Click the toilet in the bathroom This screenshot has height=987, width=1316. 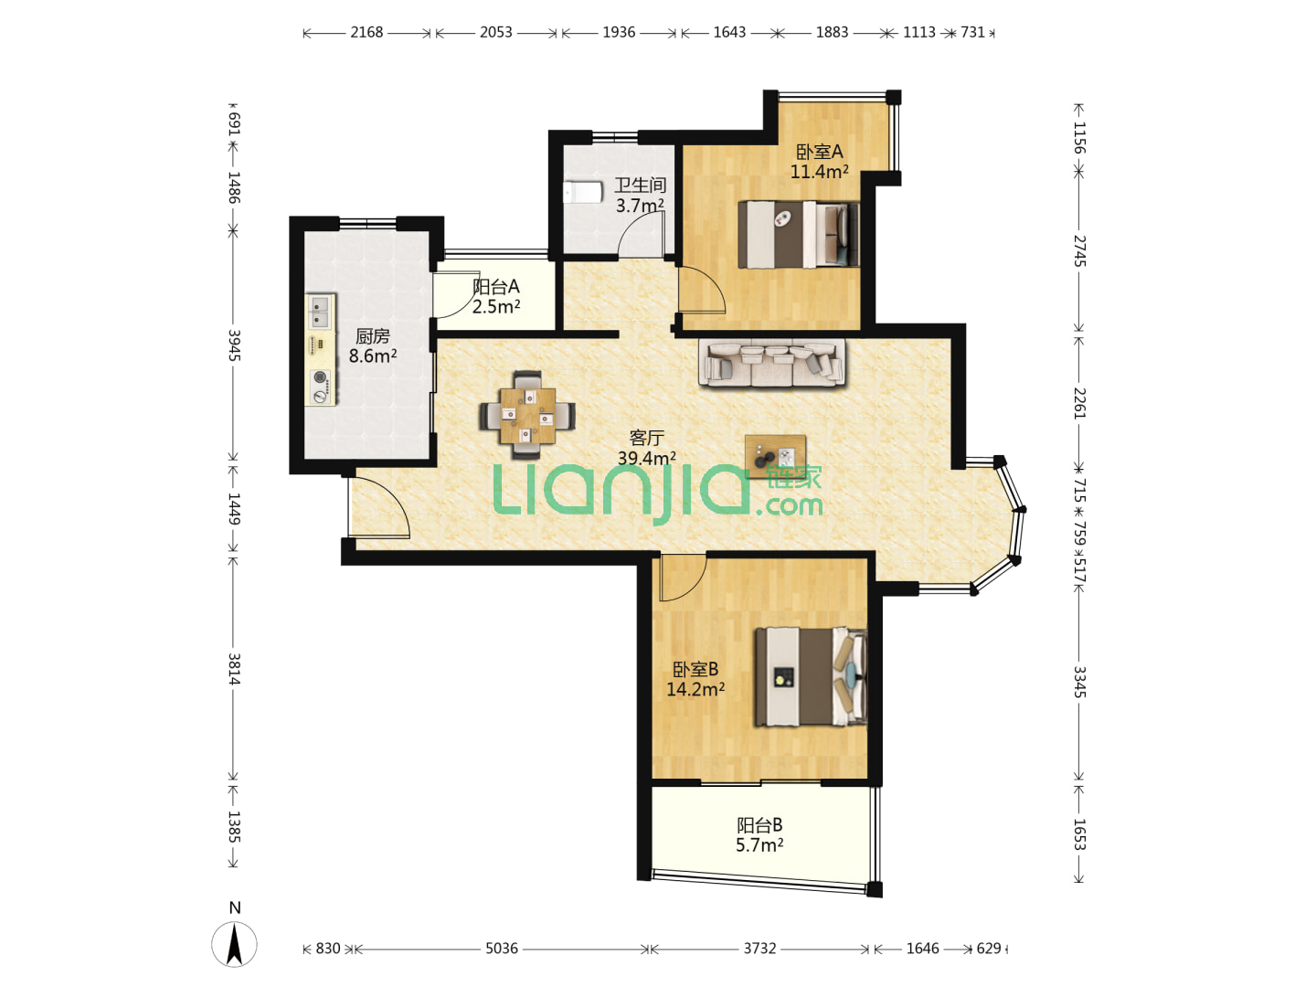[x=582, y=192]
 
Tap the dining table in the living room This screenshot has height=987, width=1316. [x=527, y=415]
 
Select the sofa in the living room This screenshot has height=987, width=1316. [x=772, y=363]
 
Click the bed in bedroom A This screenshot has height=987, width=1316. [x=799, y=234]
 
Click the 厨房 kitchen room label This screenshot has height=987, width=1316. [x=372, y=336]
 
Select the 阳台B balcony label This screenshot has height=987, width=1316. [x=759, y=825]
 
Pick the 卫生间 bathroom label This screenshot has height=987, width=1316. [x=640, y=186]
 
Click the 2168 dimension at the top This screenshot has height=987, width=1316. [x=366, y=32]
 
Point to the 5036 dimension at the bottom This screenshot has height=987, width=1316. [x=501, y=948]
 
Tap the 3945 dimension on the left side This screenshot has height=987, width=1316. [x=234, y=345]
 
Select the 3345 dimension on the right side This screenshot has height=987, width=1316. [x=1079, y=682]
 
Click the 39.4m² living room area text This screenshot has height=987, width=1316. [x=647, y=459]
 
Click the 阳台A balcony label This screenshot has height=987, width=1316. [x=496, y=286]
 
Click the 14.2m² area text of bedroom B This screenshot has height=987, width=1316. [x=695, y=689]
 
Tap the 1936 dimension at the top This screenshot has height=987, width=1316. [x=619, y=32]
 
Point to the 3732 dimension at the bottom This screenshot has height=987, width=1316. [x=759, y=948]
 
